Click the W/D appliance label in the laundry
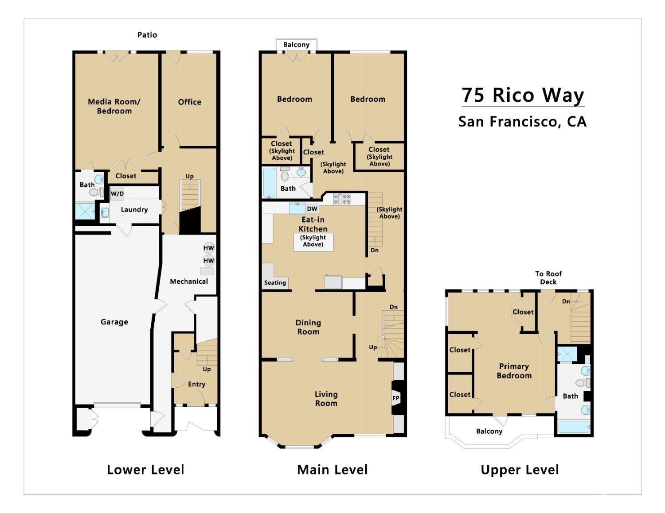point(117,194)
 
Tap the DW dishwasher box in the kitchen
point(312,208)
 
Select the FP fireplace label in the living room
point(396,398)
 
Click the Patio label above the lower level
point(147,35)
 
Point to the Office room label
point(190,102)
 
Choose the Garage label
point(114,322)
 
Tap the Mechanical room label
point(189,282)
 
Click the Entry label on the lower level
point(196,384)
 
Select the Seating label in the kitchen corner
point(275,283)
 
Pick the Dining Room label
point(308,327)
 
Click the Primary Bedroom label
point(514,371)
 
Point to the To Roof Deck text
point(548,278)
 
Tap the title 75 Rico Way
point(523,95)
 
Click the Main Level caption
point(332,470)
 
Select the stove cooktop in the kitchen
point(342,199)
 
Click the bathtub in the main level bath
point(269,182)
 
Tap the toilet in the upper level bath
point(583,382)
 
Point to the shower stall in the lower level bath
point(85,211)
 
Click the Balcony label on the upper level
point(489,432)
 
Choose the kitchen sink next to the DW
point(297,208)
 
